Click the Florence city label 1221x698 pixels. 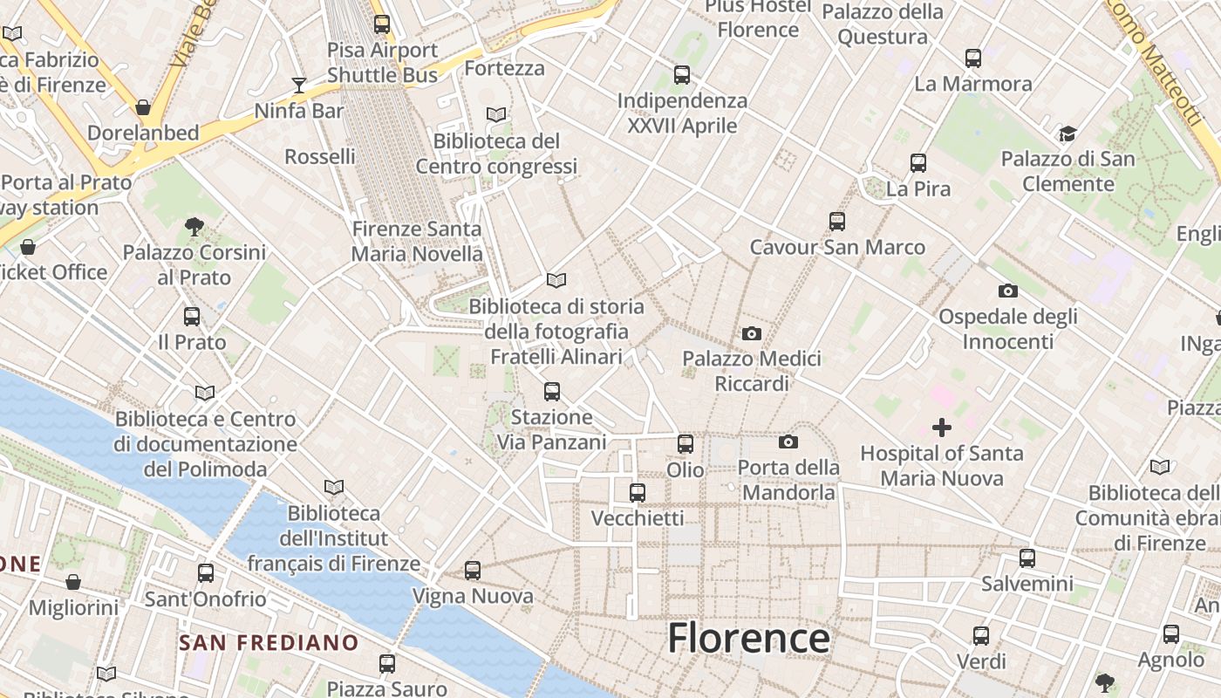(748, 638)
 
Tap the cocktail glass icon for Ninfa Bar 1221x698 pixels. (299, 85)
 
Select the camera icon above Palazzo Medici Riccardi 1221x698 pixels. (751, 333)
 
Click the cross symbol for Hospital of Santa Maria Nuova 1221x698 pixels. (942, 428)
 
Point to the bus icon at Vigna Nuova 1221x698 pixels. (473, 571)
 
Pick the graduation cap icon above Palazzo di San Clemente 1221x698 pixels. (1068, 133)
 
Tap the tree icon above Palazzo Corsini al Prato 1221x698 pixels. (194, 227)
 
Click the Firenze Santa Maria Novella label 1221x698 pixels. (417, 241)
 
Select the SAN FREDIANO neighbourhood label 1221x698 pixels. (269, 643)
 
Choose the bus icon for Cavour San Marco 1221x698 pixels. (837, 222)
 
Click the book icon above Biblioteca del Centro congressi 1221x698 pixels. (496, 114)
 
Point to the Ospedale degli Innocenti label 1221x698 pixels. (1008, 328)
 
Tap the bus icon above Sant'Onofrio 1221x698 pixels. (206, 573)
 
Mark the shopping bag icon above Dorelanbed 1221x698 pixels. (143, 107)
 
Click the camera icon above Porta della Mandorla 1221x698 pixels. (788, 442)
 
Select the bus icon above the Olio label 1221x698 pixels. (686, 444)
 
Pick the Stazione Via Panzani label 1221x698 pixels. (551, 429)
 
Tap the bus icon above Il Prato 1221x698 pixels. (192, 317)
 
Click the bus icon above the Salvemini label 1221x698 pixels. (1027, 558)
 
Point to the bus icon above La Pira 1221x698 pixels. (918, 163)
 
